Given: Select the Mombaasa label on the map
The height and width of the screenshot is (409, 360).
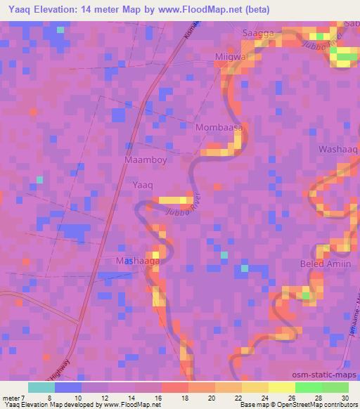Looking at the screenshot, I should [219, 129].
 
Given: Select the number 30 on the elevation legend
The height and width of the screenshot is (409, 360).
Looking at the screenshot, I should [344, 397].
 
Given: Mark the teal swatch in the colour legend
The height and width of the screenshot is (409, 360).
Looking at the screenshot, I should [41, 387].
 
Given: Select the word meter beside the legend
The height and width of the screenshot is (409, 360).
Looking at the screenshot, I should [11, 397].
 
